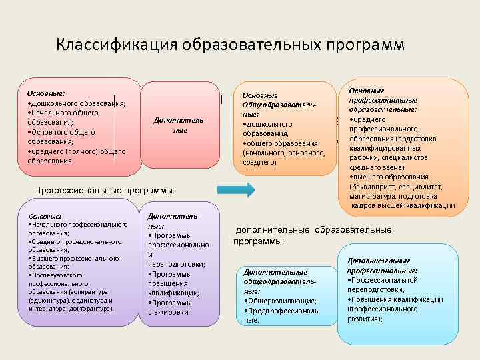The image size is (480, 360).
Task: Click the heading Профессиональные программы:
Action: [x=103, y=191]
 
